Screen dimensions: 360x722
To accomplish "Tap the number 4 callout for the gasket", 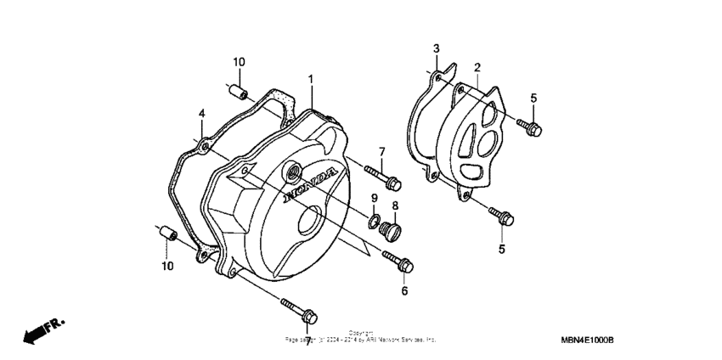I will pos(201,114).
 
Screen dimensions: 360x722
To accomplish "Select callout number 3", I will pos(436,48).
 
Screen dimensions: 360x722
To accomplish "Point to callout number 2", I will pos(477,67).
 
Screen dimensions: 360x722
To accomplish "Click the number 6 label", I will pos(404,291).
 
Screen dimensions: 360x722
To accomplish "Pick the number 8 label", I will pos(395,206).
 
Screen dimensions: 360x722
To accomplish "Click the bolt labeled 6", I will pos(398,260).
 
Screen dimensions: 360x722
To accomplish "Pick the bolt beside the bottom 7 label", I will pos(297,309).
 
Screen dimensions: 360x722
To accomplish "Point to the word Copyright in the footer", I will pos(361,333).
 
